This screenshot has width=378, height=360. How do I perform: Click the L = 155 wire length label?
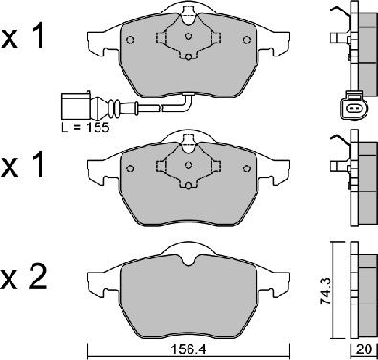(85, 127)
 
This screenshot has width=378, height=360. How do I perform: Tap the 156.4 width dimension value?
(189, 349)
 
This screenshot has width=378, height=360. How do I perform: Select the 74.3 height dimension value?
(325, 290)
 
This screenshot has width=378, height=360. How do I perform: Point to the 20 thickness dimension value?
(365, 349)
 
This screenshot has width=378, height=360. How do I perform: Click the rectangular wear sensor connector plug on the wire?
(76, 105)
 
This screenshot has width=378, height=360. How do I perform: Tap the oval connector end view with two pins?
(354, 108)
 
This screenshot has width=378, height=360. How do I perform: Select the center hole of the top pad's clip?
(189, 35)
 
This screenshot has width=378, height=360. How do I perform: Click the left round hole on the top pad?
(130, 40)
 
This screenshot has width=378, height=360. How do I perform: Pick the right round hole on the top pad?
(246, 40)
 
